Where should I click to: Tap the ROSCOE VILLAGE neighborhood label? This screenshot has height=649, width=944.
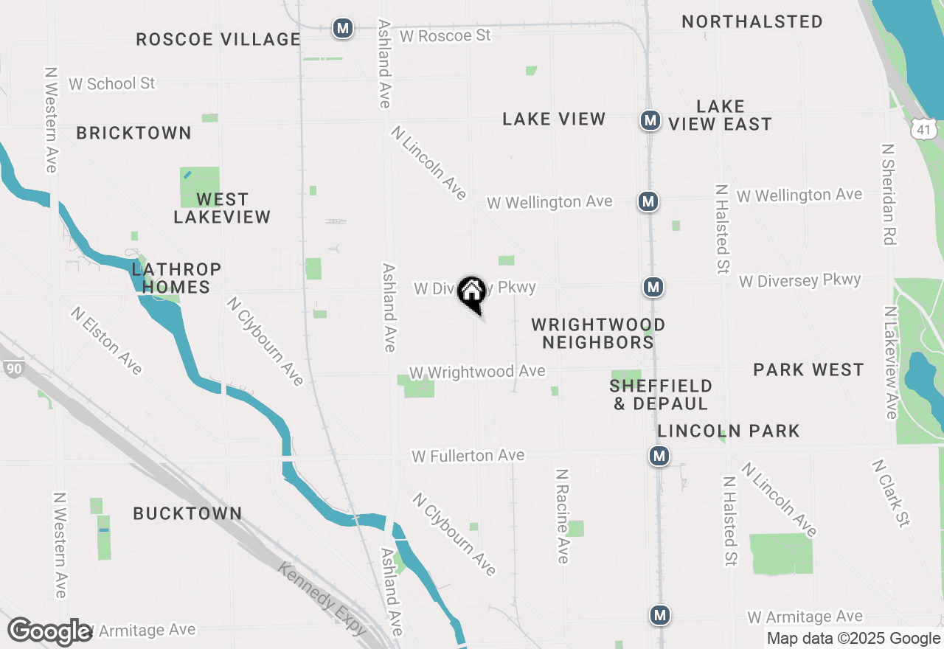(218, 39)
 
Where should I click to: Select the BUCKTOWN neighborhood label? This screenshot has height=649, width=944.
(187, 513)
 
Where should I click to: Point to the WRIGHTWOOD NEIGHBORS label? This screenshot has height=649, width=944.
(598, 333)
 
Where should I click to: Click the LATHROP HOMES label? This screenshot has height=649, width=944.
(176, 277)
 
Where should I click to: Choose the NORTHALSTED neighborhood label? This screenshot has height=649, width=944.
(752, 21)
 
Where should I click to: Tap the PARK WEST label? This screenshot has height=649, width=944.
(808, 369)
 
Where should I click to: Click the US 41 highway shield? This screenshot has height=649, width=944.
(924, 130)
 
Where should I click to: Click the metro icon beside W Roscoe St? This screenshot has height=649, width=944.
(342, 29)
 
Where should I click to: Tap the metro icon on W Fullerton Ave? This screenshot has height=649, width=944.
(659, 456)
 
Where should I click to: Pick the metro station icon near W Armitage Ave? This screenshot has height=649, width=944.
(660, 614)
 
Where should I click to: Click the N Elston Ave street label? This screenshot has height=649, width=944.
(107, 340)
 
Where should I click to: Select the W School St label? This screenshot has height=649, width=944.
(112, 83)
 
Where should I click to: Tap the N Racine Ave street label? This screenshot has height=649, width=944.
(563, 516)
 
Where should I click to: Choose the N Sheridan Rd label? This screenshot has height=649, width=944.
(889, 193)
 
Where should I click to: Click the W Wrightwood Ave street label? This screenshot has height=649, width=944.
(477, 372)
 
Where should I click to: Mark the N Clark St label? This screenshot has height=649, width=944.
(890, 493)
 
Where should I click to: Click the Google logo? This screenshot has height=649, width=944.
(50, 631)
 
